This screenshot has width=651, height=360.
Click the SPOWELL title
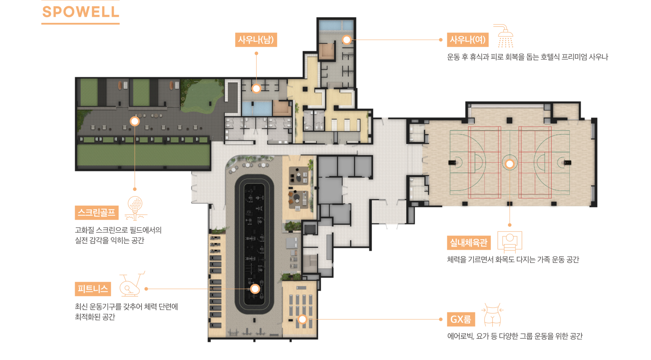point(81,12)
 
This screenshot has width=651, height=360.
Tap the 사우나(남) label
point(256,40)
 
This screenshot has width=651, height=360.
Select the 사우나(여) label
point(468,40)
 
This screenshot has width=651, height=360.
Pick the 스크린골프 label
point(97,213)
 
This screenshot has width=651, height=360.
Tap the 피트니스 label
point(93,289)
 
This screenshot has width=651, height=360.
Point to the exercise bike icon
point(132,284)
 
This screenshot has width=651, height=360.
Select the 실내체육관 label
point(469,243)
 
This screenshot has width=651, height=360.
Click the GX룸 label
point(461,319)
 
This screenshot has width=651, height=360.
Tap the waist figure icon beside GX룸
point(492,315)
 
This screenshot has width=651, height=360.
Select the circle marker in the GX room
point(302,319)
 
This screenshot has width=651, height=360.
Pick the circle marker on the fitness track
point(255,289)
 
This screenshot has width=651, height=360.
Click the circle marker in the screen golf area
point(135,121)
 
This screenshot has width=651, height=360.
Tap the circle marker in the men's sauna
point(256,89)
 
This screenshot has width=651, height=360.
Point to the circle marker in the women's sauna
point(347,40)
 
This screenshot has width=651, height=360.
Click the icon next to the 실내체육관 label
point(510,242)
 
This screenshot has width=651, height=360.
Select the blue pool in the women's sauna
point(336,25)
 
